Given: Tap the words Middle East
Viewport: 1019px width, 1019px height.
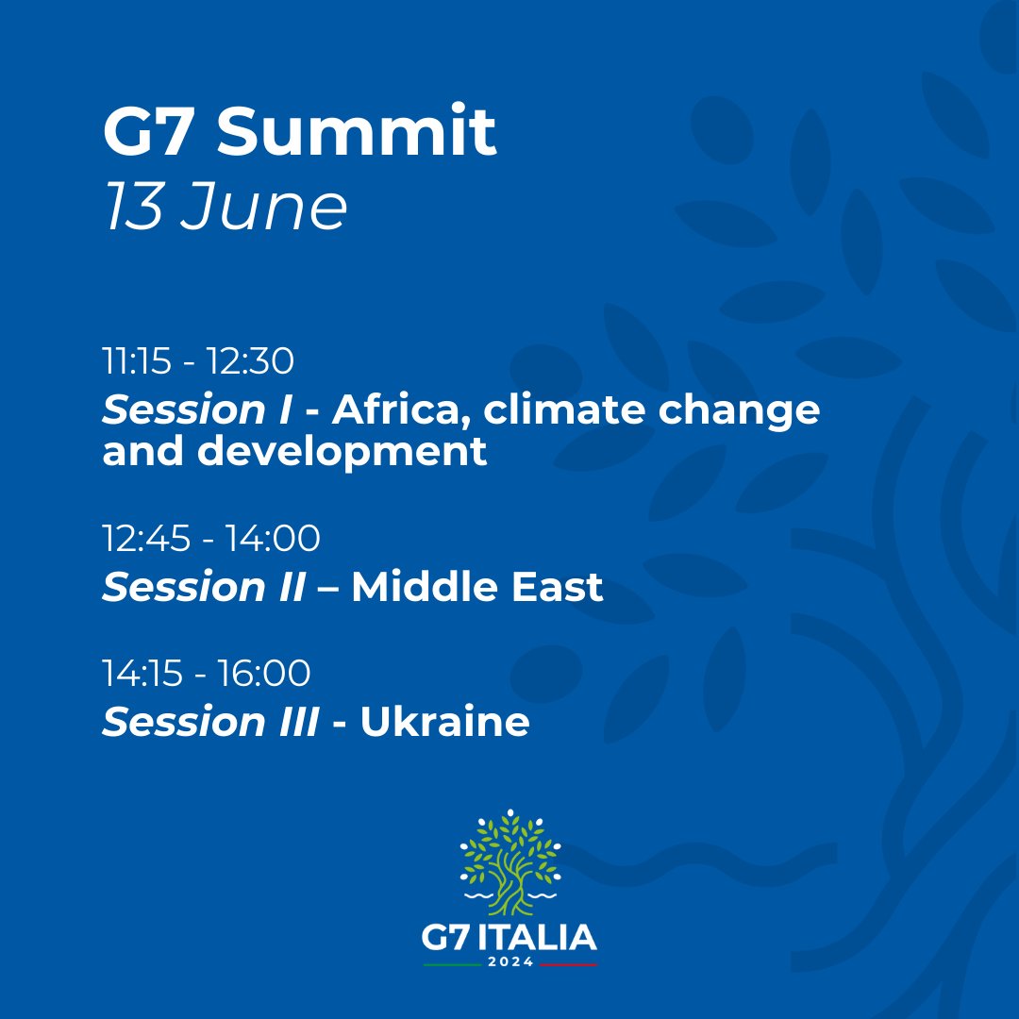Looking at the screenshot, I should coord(476,587).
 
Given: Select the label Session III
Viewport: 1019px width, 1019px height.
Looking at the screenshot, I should coord(209,722).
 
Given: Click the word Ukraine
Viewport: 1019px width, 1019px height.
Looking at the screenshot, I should coord(444,722).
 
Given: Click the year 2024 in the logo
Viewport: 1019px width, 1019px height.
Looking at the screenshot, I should coord(509,962).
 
